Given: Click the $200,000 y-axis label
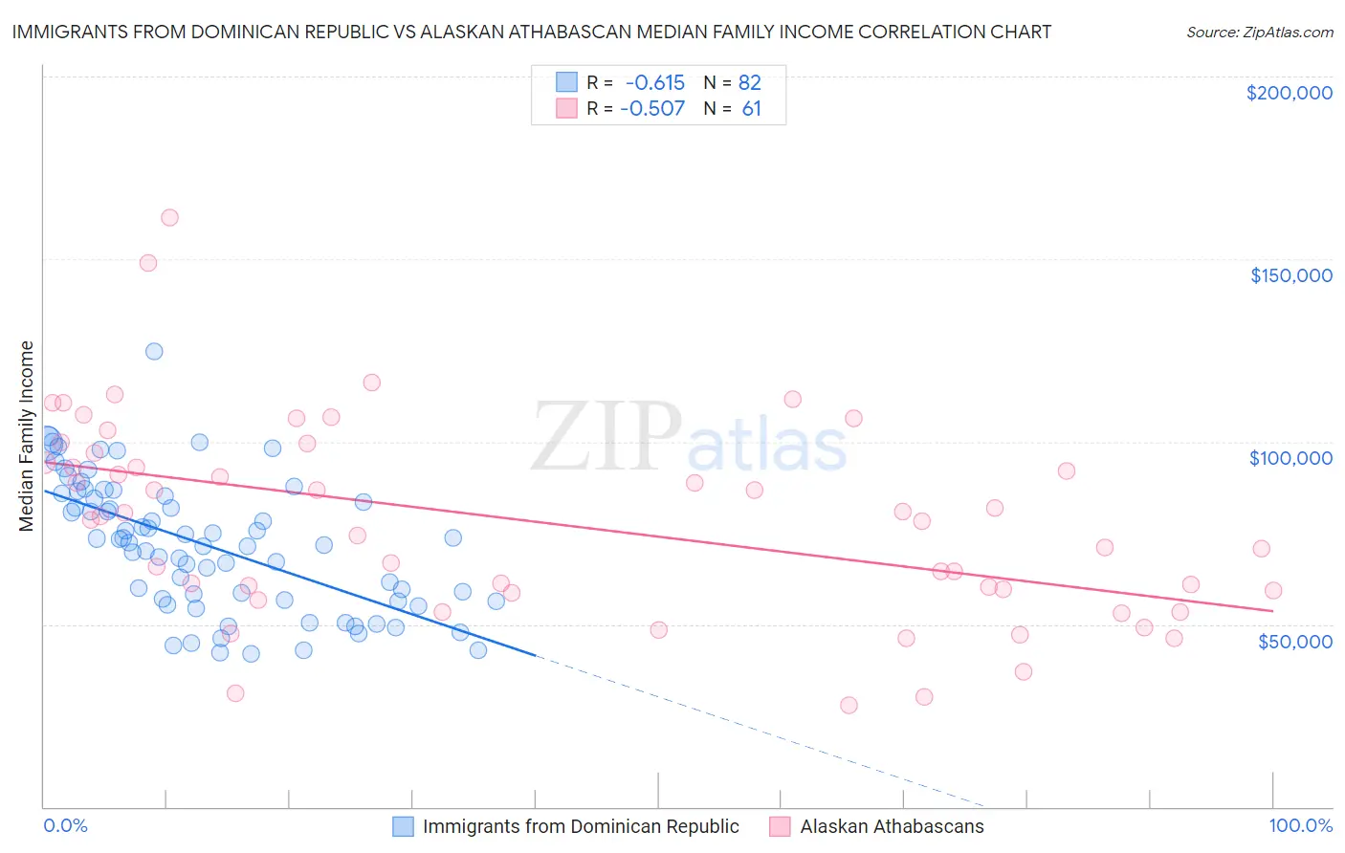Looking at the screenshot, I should point(1289,93).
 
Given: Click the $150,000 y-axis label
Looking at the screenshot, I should point(1290,275).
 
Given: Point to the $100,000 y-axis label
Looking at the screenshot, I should point(1290,458).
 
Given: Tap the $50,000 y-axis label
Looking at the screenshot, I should point(1294,641).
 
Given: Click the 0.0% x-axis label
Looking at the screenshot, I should point(65,825).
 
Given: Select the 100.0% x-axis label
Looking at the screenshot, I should point(1300,825).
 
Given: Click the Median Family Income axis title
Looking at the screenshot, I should point(26,436).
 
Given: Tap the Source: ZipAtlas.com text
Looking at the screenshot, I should point(1259,32).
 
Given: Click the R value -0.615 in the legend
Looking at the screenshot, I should point(654,82).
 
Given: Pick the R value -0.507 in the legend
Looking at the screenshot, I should point(652,108).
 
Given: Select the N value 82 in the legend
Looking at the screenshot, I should point(749,82).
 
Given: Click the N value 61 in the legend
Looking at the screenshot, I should point(751,108).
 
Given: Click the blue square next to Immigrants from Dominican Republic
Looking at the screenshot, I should point(404,826).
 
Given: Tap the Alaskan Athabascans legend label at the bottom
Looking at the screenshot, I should point(892,826).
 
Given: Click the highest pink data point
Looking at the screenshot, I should point(169,217).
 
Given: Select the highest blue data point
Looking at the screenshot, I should point(154,351).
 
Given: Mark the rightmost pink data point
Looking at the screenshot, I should point(1272,590).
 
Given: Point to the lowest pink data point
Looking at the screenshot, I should point(849,705).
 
